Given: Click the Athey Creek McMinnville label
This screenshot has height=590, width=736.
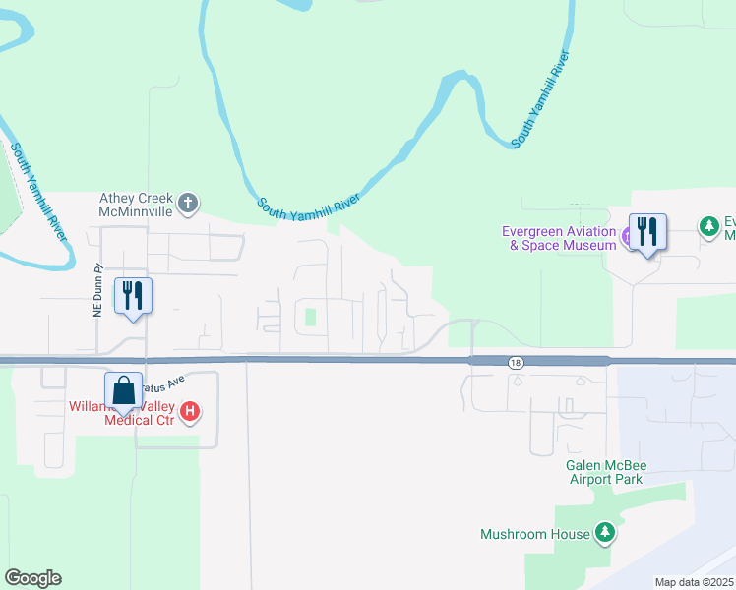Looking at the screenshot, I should tap(136, 204).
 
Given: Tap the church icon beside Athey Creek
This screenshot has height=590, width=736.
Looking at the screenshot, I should tap(189, 205).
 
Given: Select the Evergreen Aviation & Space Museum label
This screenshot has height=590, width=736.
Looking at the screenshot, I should tap(559, 238).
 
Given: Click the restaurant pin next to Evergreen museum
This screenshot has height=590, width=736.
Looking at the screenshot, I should tap(647, 234).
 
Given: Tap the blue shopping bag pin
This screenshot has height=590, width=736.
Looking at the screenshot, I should tap(123, 391).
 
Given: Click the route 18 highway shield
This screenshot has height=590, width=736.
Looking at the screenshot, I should tap(517, 362).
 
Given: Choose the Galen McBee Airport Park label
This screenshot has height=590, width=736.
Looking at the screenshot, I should tap(603, 472).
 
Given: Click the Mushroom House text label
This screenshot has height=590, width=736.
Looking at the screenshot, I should tap(535, 534).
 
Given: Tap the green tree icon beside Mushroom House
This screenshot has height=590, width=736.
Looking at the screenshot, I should tap(605, 534).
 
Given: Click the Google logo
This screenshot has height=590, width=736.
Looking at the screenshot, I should tap(32, 578).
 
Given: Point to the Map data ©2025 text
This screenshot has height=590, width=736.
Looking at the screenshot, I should tap(694, 582).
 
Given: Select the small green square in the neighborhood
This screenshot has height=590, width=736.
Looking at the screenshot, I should tap(311, 317).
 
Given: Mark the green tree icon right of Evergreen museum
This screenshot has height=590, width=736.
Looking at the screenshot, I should tap(708, 227).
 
